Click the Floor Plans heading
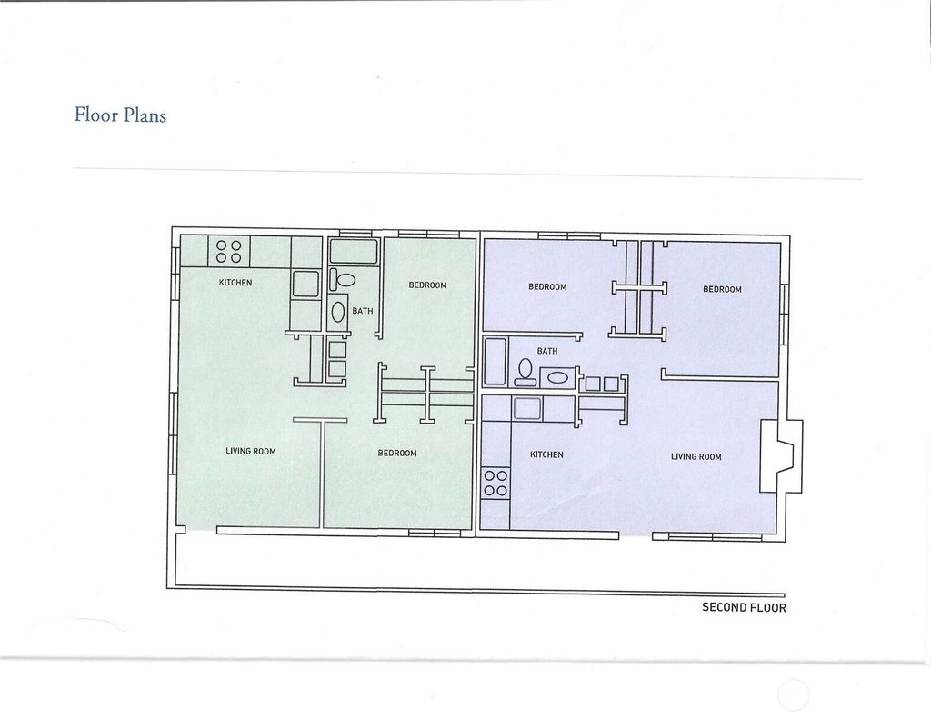pos(120,115)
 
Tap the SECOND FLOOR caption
pos(744,607)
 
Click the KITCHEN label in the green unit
pos(235,283)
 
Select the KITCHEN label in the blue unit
pos(546,454)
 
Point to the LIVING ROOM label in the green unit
pos(251,451)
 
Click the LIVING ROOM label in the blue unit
pos(696,456)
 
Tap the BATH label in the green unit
pos(362,311)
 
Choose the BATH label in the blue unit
pos(546,351)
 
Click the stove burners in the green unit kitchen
pos(228,251)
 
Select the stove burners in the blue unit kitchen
pos(496,484)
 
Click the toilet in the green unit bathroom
pos(343,279)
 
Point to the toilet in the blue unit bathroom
pos(525,373)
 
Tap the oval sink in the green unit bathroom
pos(338,312)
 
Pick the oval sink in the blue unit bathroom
pos(557,377)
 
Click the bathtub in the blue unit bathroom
pos(494,362)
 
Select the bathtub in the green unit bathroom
pos(354,251)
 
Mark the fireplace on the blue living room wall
pos(781,456)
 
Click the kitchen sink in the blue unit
pos(527,409)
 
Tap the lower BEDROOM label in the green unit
pos(397,453)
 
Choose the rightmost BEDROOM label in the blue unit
pos(722,289)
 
